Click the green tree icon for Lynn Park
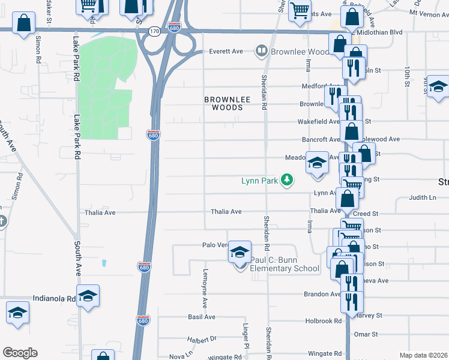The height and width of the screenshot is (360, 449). (x=288, y=180)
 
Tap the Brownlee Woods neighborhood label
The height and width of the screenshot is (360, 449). (x=223, y=103)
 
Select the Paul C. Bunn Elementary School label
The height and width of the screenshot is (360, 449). (x=285, y=264)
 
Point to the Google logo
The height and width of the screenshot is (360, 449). (x=20, y=353)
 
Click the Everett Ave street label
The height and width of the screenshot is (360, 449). (x=224, y=52)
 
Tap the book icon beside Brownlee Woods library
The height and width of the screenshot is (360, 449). (x=261, y=52)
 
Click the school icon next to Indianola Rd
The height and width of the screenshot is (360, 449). (x=88, y=296)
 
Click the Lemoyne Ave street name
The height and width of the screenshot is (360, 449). (x=204, y=295)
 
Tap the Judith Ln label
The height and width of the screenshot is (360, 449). (x=422, y=197)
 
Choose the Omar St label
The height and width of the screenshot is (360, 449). (x=366, y=334)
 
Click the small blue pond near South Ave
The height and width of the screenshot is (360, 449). (x=104, y=263)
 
